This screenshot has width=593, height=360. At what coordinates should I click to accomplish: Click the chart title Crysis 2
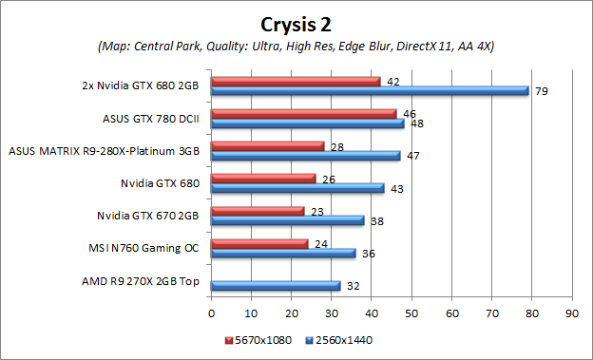pos(296,21)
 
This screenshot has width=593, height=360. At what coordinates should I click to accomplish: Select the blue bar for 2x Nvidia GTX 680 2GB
pos(370,91)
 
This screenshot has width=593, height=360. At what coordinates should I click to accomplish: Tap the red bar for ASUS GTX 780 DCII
pos(303,114)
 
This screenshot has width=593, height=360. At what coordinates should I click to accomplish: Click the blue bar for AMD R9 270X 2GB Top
pos(275,285)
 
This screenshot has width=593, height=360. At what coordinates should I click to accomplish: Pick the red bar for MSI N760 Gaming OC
pos(259,243)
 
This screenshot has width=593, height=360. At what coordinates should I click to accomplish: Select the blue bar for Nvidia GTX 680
pos(296,188)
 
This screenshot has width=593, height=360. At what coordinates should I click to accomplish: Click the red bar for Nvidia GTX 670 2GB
pos(258,211)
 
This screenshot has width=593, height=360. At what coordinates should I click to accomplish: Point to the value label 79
pos(543,92)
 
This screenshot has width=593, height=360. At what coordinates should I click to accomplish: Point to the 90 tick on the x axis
pos(571,311)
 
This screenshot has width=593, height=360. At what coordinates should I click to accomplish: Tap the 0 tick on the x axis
pos(211,311)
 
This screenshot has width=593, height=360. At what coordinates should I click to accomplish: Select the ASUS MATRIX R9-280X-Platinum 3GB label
pos(104,151)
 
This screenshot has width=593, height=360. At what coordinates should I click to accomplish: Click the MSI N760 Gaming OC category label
pos(143,249)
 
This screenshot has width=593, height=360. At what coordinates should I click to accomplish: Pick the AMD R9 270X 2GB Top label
pos(142,281)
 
